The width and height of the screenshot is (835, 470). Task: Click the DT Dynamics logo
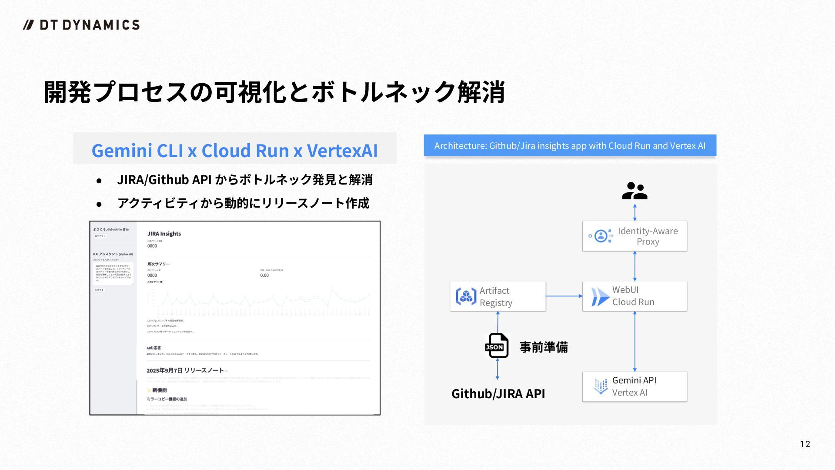[x=81, y=25]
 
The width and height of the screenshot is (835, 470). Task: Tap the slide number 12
[x=805, y=444]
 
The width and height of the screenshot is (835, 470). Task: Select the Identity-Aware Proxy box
[x=635, y=236]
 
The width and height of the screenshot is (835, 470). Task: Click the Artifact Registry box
[x=498, y=296]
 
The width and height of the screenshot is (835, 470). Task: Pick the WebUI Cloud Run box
[x=635, y=296]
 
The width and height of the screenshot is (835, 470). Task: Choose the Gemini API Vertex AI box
[x=635, y=386]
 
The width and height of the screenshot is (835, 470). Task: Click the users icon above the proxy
[x=635, y=191]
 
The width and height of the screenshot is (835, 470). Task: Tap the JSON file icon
[x=497, y=346]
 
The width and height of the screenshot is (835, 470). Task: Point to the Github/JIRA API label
[x=498, y=393]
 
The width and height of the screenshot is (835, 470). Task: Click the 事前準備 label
[x=544, y=347]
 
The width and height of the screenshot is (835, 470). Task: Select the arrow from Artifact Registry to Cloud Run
[x=564, y=296]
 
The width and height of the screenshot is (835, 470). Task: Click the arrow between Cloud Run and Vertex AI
[x=635, y=341]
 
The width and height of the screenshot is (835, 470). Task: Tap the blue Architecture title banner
[x=570, y=146]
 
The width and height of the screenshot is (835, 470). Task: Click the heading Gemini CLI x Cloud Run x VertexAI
[x=234, y=151]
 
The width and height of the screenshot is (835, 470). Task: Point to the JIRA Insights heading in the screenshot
[x=164, y=234]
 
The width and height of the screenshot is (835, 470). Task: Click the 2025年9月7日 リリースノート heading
[x=185, y=370]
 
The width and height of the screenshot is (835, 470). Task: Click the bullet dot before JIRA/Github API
[x=99, y=181]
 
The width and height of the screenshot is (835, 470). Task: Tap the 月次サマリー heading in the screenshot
[x=158, y=264]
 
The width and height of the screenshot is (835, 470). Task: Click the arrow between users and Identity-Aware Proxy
[x=635, y=212]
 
